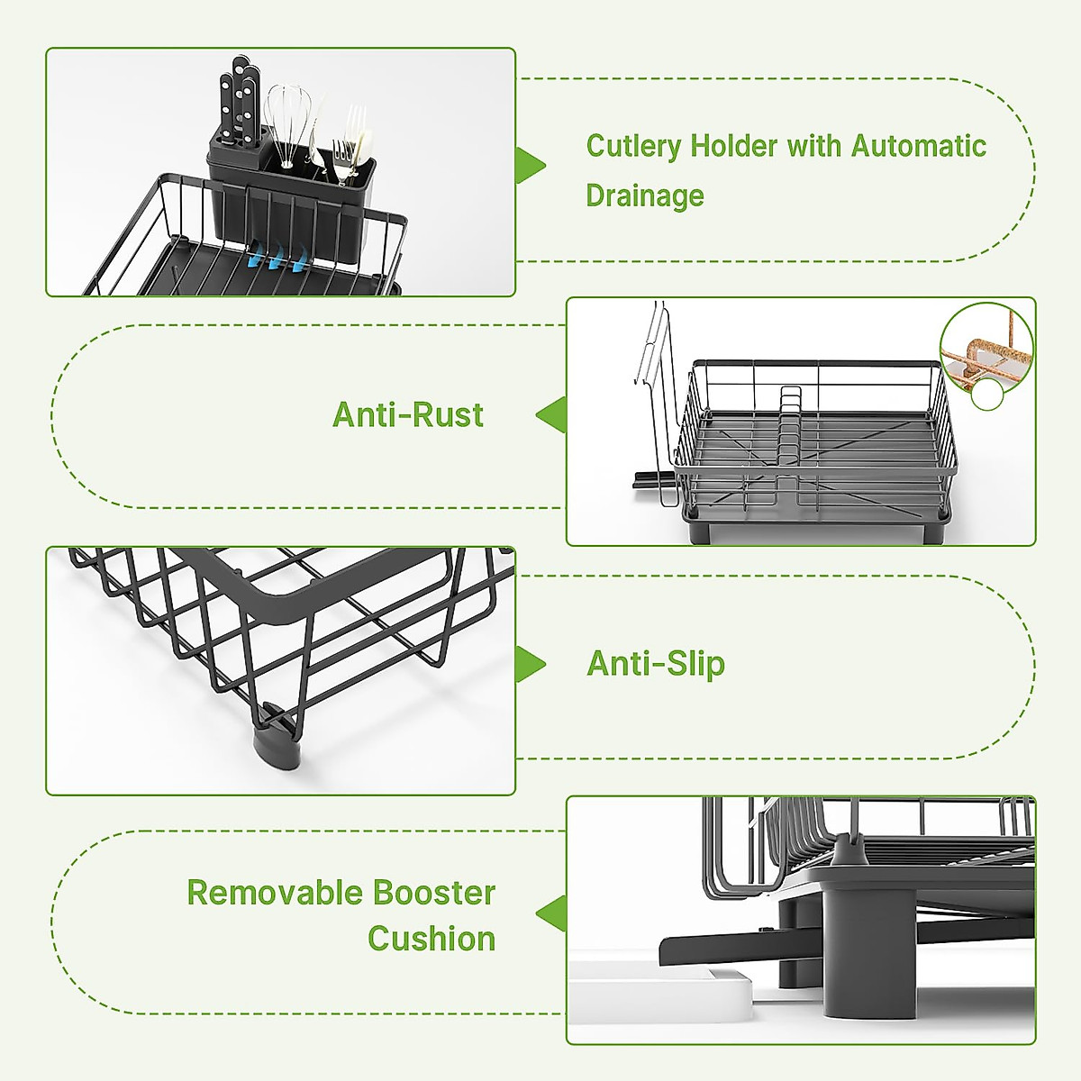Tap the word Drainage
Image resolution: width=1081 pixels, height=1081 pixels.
pos(645,195)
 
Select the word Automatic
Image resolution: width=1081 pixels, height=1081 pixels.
pos(918,146)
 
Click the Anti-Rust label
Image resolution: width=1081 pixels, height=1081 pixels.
pos(408,414)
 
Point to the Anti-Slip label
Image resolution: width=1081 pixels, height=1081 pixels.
pos(656,663)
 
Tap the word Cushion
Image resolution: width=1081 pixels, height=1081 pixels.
pos(431,939)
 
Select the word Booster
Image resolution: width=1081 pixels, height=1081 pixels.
pos(434,893)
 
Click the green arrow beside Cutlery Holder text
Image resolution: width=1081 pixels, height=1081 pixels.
pos(530,166)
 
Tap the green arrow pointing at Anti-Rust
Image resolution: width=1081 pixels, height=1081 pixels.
pos(551,414)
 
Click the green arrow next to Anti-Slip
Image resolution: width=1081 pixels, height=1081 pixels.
pos(530,664)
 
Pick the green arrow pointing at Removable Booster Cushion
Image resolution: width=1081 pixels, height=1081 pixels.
pos(551,913)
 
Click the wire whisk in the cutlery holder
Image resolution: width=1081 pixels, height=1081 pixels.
pos(287,126)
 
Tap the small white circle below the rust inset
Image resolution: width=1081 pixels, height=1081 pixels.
pos(986,394)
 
